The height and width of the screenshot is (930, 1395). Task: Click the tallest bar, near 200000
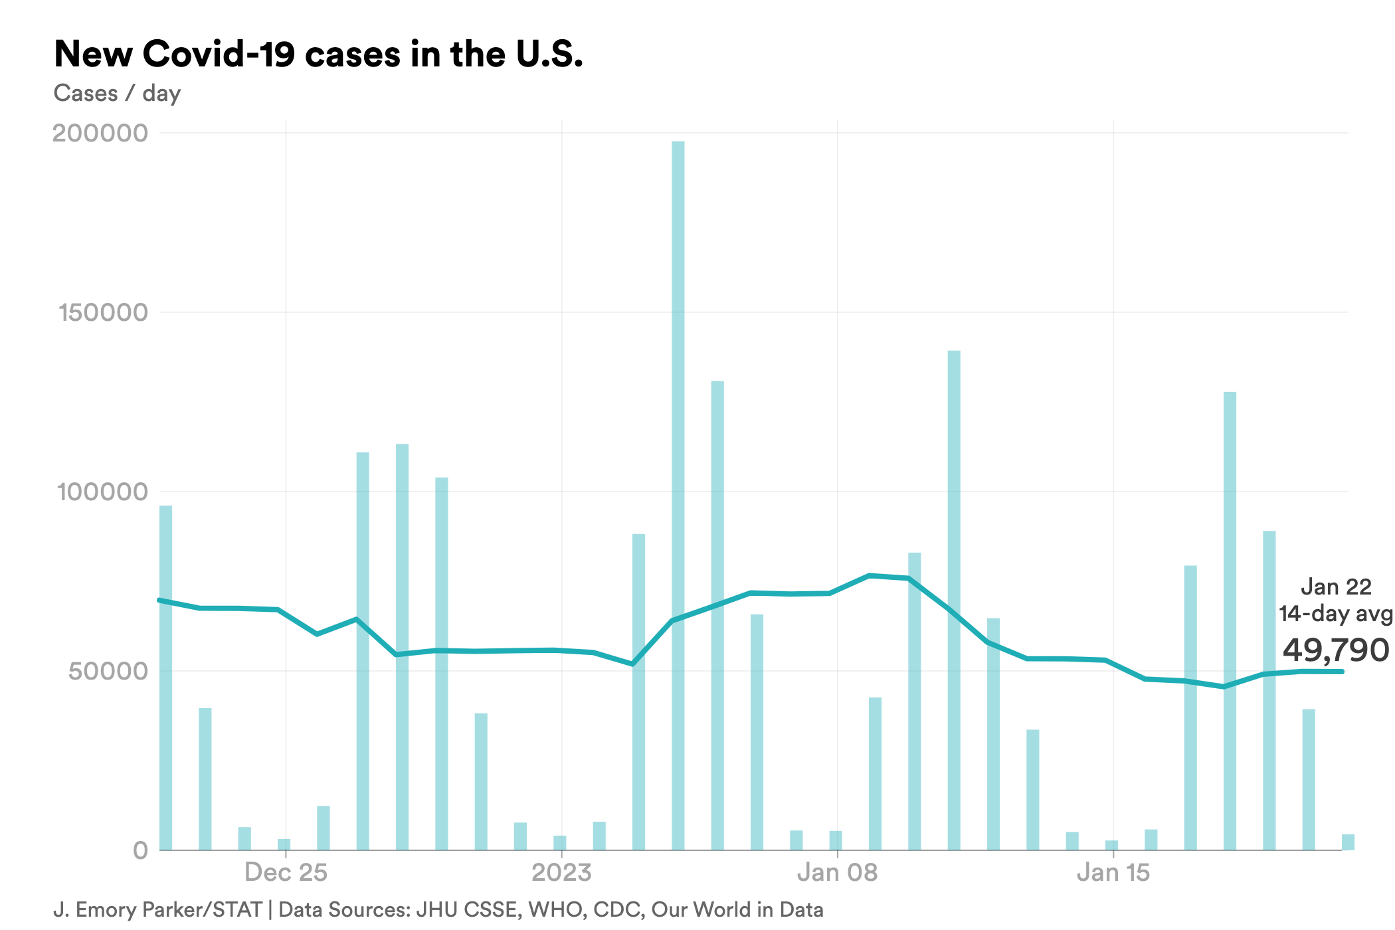[x=678, y=492]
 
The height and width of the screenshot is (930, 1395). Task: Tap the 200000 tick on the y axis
[x=100, y=133]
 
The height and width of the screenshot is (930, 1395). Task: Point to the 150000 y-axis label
[x=103, y=312]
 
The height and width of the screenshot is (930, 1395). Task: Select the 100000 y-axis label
[x=102, y=492]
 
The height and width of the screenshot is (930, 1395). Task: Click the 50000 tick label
[x=108, y=671]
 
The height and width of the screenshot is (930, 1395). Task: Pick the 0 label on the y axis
[x=140, y=850]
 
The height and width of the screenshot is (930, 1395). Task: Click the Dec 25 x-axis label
[x=286, y=872]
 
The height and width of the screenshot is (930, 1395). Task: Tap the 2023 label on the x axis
[x=561, y=872]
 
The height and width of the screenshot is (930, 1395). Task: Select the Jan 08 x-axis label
[x=837, y=872]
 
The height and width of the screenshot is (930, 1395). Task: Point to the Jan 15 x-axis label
[x=1113, y=872]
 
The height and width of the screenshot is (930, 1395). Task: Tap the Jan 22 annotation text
[x=1335, y=587]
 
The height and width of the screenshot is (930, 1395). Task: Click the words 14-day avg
[x=1335, y=613]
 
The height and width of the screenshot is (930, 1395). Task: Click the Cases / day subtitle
[x=117, y=93]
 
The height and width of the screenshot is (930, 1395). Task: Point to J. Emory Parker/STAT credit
[x=157, y=909]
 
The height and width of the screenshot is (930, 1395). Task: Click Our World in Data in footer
[x=737, y=909]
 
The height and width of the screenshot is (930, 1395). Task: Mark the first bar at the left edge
[x=165, y=678]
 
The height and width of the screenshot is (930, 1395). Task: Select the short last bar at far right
[x=1348, y=842]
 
